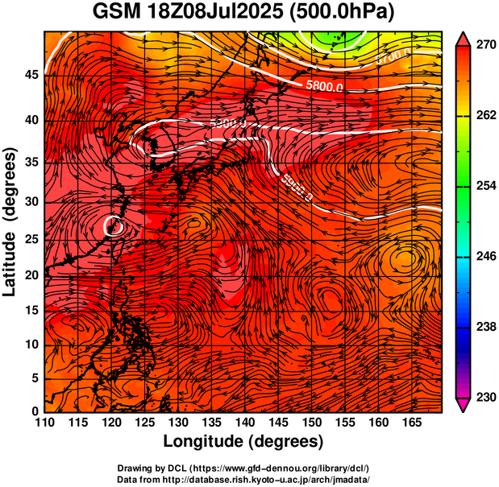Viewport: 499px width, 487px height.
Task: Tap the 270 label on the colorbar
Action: [486, 46]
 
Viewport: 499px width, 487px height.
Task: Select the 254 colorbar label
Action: [486, 186]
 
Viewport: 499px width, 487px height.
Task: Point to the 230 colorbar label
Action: [486, 397]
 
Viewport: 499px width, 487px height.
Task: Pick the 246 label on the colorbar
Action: [486, 256]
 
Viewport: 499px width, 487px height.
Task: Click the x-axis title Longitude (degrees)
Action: [243, 442]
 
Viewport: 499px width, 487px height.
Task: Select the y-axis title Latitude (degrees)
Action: [11, 221]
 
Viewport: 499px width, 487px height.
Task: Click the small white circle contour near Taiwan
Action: [113, 225]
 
